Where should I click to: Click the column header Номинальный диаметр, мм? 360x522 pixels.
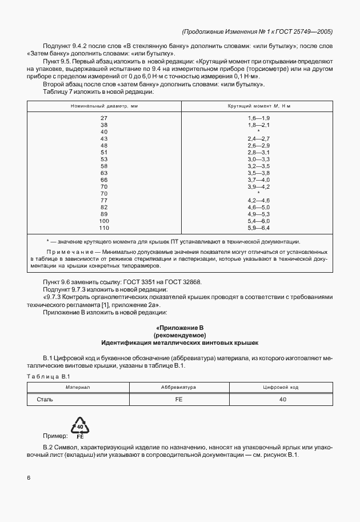point(104,106)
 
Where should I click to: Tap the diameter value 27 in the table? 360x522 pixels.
point(104,118)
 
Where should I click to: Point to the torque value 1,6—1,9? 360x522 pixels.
point(258,118)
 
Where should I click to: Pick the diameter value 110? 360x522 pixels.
point(104,228)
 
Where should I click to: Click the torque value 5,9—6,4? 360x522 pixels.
point(258,228)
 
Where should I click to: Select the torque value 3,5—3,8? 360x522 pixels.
point(258,173)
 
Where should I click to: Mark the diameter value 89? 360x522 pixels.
point(104,214)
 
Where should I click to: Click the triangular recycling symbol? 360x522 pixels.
point(81,428)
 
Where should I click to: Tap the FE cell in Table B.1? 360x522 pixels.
point(179,400)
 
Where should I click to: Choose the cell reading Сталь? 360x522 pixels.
point(45,400)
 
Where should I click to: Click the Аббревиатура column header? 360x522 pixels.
point(179,387)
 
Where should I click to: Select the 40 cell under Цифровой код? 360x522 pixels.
point(282,400)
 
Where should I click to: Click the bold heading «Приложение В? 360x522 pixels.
point(179,327)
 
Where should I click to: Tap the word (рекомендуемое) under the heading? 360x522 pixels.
point(179,335)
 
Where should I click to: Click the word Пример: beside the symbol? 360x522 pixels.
point(55,436)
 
